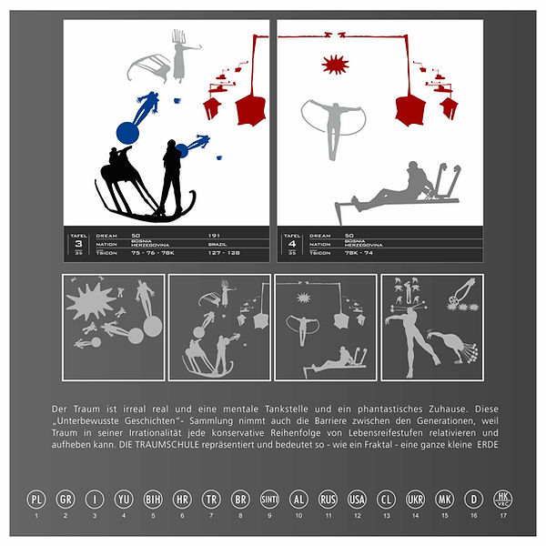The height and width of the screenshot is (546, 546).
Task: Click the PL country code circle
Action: (x=36, y=499)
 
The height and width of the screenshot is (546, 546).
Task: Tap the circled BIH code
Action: (x=153, y=499)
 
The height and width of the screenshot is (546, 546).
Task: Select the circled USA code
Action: (x=357, y=499)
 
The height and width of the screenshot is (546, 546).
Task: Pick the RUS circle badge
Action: (x=328, y=499)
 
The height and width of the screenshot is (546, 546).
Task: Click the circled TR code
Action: (x=211, y=499)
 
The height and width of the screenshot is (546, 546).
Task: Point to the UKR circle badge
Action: (x=415, y=499)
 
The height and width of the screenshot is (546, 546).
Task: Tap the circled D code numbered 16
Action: (x=473, y=499)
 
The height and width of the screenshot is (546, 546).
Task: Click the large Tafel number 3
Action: (x=78, y=245)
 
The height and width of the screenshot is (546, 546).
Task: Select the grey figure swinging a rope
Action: (x=334, y=120)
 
